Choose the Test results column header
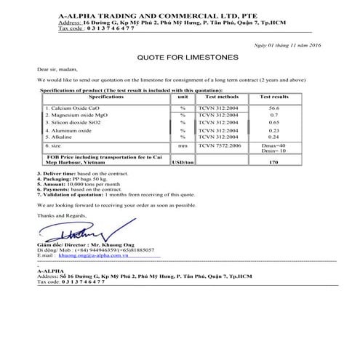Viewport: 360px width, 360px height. click(274, 96)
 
